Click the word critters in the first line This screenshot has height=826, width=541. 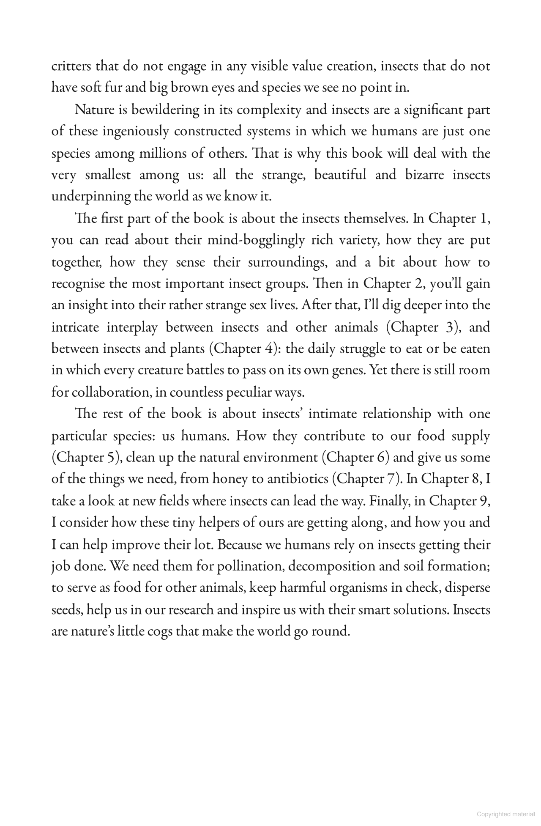click(x=71, y=66)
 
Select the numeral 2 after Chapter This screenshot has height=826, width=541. click(x=420, y=283)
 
